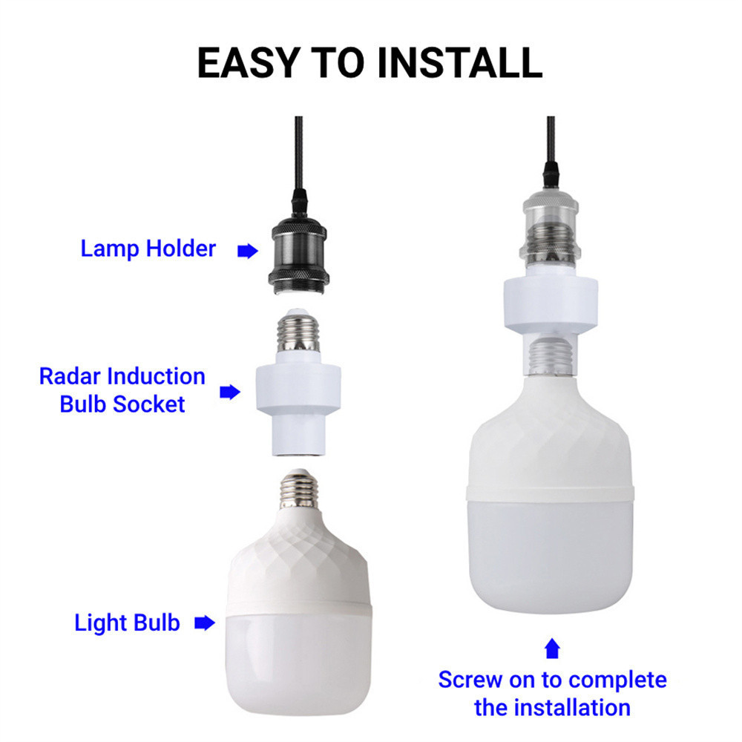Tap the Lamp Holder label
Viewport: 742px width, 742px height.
(x=148, y=249)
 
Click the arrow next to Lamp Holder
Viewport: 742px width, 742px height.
(x=248, y=251)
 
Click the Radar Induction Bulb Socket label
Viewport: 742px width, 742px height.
(x=122, y=390)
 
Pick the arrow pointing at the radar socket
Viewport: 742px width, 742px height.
(x=230, y=392)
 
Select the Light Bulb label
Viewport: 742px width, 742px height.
(x=127, y=623)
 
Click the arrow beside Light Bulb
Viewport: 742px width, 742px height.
(x=205, y=623)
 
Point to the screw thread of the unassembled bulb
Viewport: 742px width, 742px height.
(x=298, y=490)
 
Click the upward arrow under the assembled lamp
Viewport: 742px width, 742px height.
(x=552, y=649)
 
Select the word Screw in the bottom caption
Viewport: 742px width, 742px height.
(x=470, y=680)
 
